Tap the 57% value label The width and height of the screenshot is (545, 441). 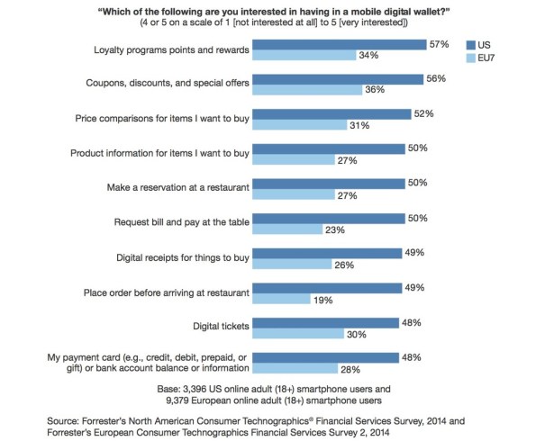tap(440, 43)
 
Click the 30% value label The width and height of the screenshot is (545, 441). tap(357, 335)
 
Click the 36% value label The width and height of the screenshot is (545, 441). tap(374, 90)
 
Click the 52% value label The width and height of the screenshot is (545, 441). tap(423, 113)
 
